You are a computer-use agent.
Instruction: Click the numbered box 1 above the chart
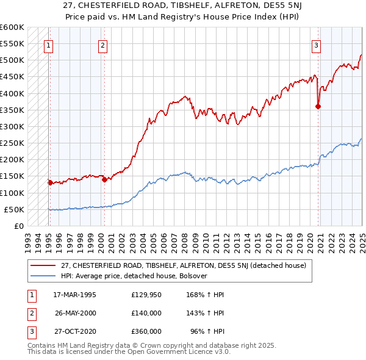tap(48, 45)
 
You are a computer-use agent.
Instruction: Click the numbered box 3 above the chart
tap(317, 45)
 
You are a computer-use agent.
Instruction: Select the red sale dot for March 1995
tap(50, 182)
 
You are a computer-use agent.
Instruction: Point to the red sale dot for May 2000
tap(104, 179)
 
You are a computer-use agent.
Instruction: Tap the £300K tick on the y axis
tap(12, 127)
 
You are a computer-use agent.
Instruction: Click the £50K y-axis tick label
tap(14, 209)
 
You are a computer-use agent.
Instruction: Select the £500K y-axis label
tap(12, 60)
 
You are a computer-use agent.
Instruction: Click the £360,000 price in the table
tap(146, 331)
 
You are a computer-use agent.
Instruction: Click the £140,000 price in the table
tap(146, 313)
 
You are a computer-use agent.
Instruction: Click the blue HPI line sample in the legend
tap(43, 275)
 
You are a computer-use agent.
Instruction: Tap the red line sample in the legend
tap(43, 265)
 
